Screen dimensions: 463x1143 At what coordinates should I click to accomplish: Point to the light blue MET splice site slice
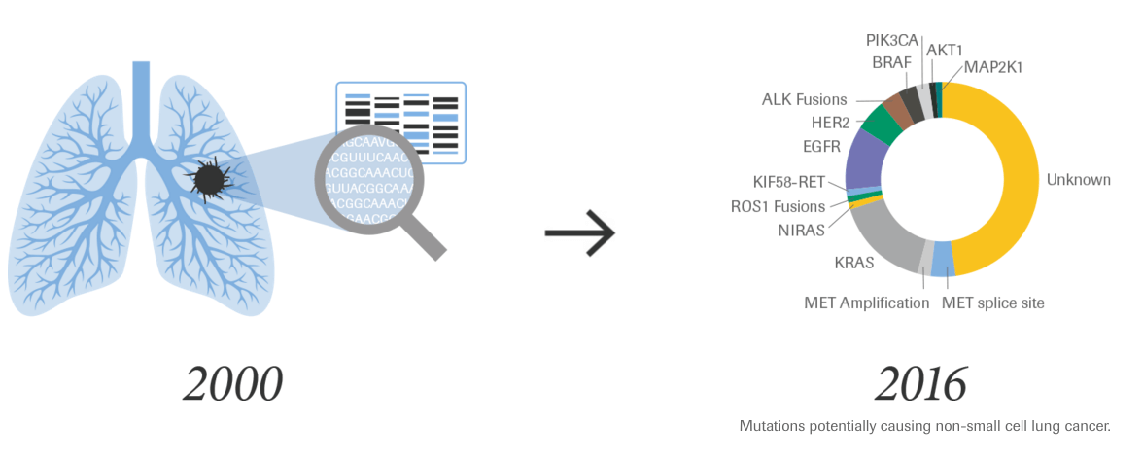[942, 260]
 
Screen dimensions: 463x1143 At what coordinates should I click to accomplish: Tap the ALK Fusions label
[804, 99]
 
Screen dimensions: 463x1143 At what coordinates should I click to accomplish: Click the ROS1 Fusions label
[778, 206]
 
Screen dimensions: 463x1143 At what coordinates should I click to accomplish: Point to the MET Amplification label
[866, 303]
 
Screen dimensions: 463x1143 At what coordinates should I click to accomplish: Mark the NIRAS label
[801, 230]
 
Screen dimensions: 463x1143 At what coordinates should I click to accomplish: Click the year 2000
[232, 385]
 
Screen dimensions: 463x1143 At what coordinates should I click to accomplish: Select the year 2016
[921, 385]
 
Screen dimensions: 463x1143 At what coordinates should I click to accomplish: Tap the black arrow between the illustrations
[580, 233]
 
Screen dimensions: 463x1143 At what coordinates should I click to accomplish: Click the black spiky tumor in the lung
[207, 178]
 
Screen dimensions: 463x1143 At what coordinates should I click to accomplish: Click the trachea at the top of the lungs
[142, 97]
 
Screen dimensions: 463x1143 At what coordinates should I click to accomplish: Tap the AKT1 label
[946, 49]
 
